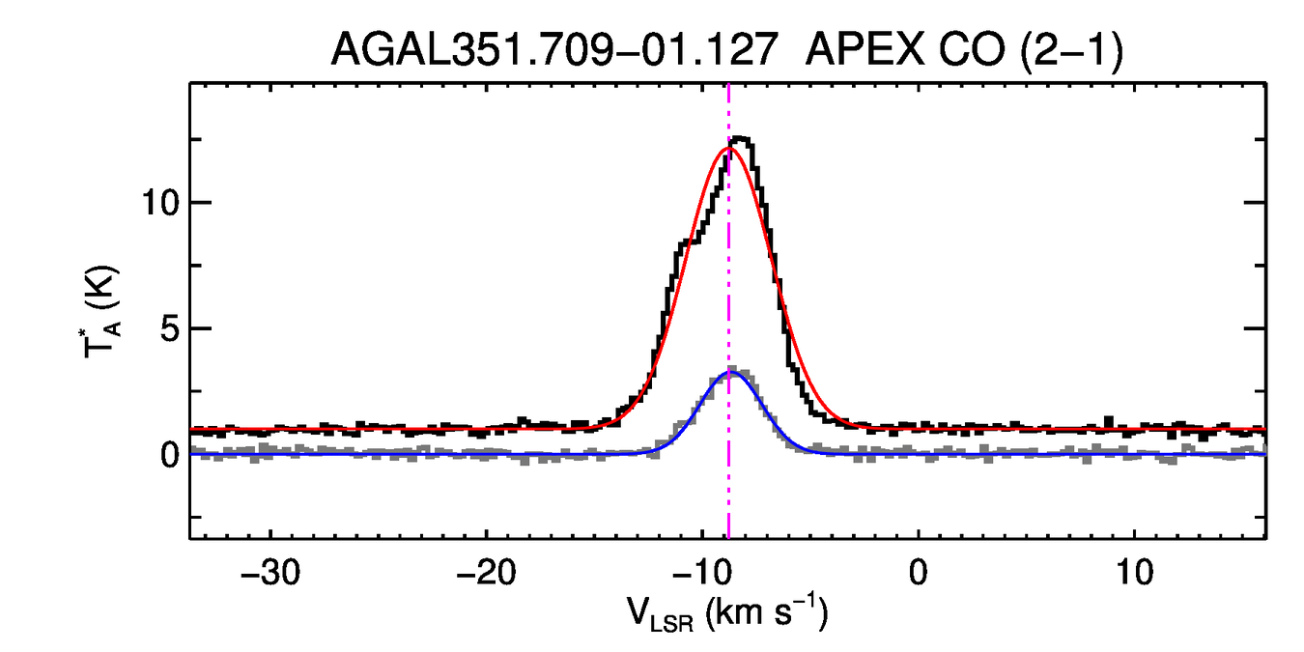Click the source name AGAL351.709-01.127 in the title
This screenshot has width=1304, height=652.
pos(554,50)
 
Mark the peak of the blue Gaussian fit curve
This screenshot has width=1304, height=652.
pos(732,372)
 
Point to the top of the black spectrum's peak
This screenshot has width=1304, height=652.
pos(742,139)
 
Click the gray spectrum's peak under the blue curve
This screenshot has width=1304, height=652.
pos(734,369)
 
